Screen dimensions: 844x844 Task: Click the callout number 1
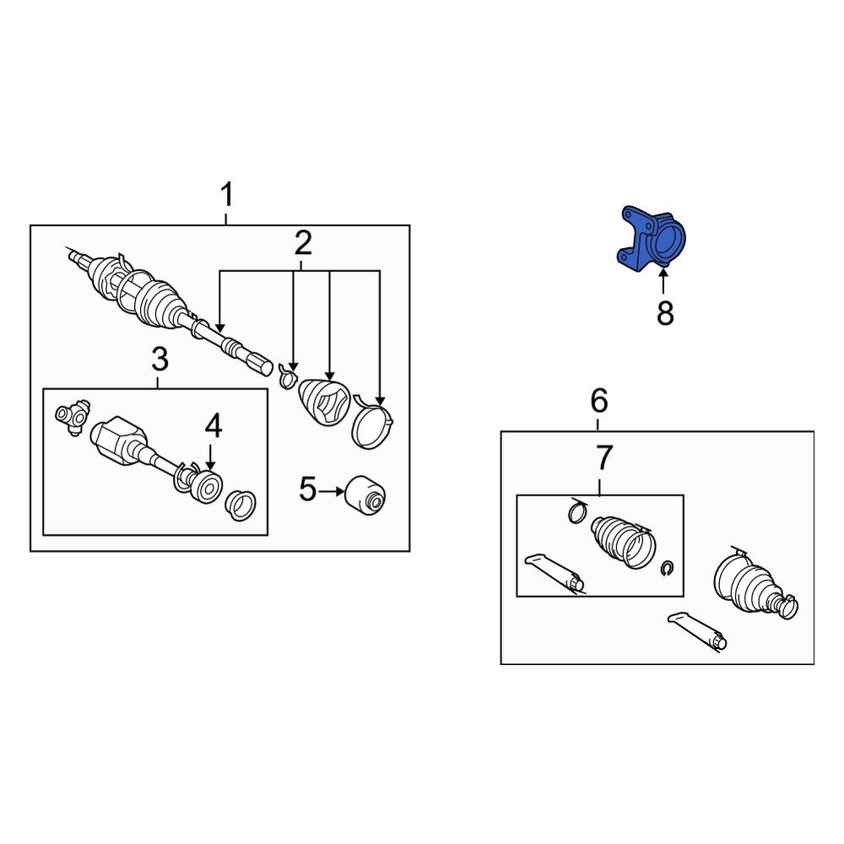click(227, 195)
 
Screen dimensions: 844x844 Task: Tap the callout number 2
click(302, 243)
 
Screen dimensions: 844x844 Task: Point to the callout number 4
click(214, 426)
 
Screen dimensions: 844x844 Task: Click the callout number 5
click(307, 490)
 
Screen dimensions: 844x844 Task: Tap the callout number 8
click(665, 313)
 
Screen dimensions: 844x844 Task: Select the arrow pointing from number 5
click(331, 491)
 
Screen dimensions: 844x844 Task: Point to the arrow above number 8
click(663, 281)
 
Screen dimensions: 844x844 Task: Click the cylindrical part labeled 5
click(365, 493)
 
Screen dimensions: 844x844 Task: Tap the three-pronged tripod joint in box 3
click(73, 414)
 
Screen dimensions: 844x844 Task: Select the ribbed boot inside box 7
click(624, 542)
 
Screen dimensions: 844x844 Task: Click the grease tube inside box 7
click(554, 573)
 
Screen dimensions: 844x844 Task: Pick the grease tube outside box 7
click(696, 632)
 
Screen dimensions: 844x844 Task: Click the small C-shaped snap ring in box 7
click(667, 568)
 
